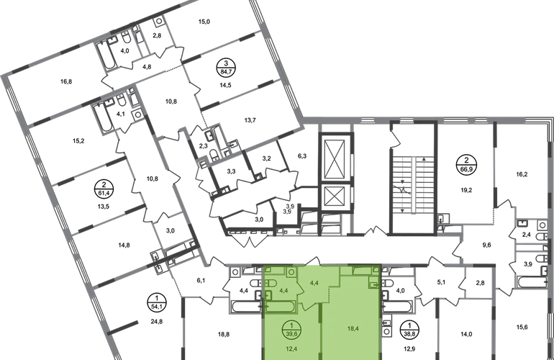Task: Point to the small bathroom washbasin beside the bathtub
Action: point(268,296)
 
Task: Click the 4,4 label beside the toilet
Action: point(283,290)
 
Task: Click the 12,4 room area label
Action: point(291,349)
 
